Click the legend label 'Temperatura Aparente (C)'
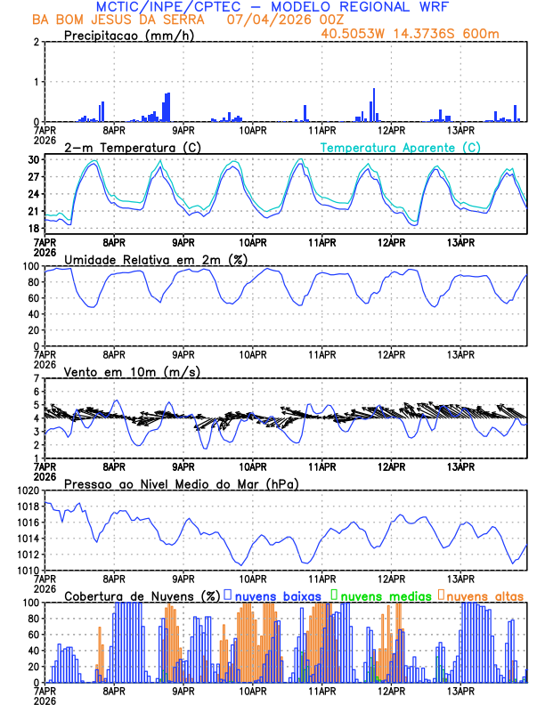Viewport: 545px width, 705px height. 401,147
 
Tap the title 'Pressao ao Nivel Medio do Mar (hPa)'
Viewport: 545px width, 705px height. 181,483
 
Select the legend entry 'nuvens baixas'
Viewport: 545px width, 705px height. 280,596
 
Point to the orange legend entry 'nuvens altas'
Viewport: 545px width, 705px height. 484,596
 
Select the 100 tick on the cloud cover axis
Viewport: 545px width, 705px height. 29,603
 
